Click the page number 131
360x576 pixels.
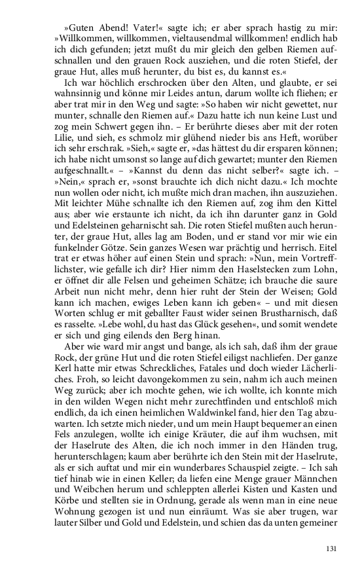(331, 549)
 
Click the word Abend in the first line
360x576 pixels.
(111, 29)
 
